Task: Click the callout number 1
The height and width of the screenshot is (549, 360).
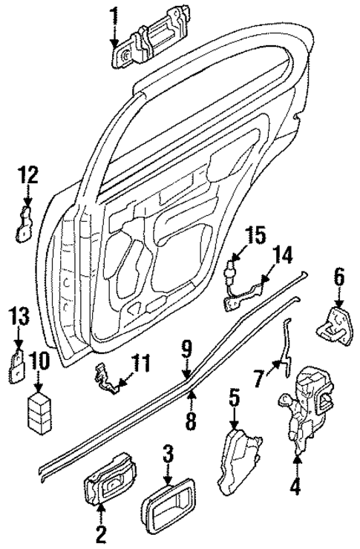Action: click(x=114, y=14)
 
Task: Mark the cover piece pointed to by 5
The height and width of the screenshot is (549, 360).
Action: click(x=240, y=461)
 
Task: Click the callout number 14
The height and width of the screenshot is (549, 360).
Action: click(x=280, y=257)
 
